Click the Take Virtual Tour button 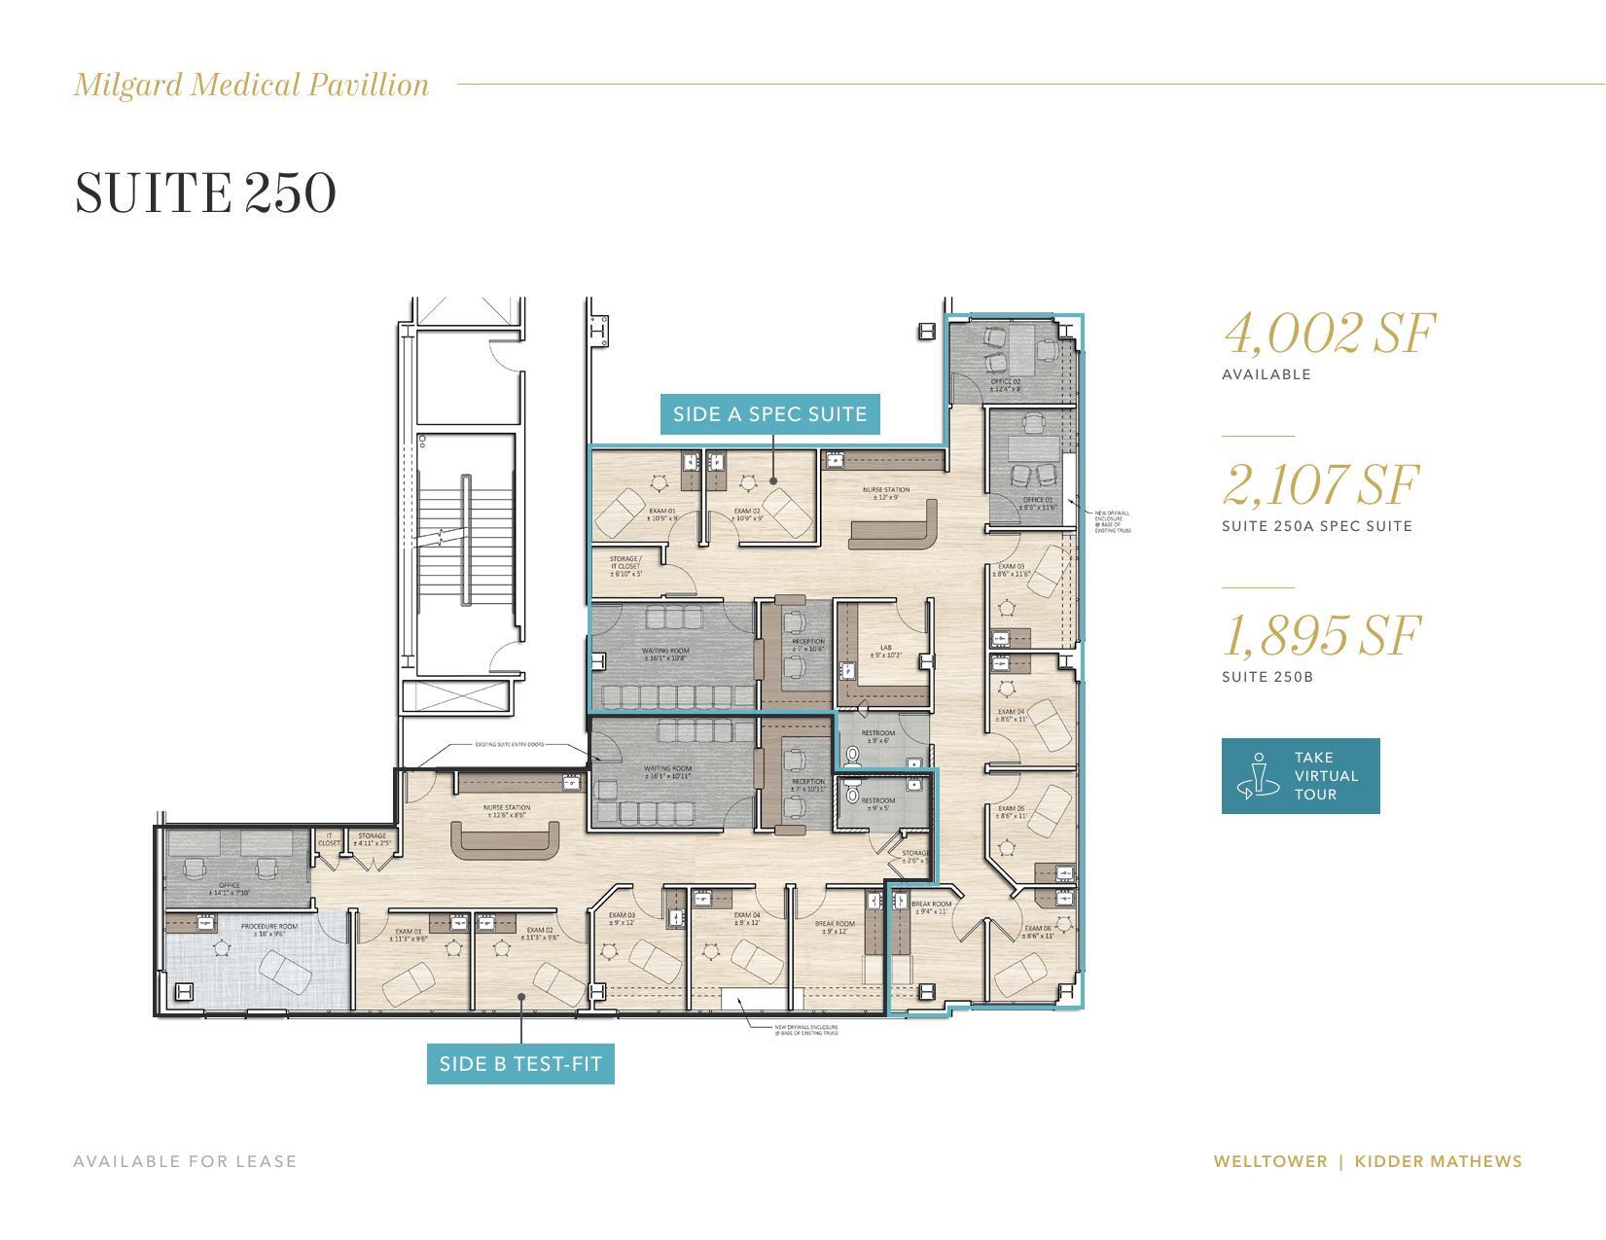tap(1300, 776)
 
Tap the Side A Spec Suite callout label tap(769, 414)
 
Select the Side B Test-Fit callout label tap(520, 1064)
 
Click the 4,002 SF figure tap(1329, 334)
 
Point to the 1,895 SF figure tap(1321, 636)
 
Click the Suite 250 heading tap(205, 193)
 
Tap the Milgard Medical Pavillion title tap(252, 85)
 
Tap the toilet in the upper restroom tap(854, 755)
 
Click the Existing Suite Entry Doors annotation tap(509, 745)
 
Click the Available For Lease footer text tap(185, 1161)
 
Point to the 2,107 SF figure tap(1320, 485)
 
